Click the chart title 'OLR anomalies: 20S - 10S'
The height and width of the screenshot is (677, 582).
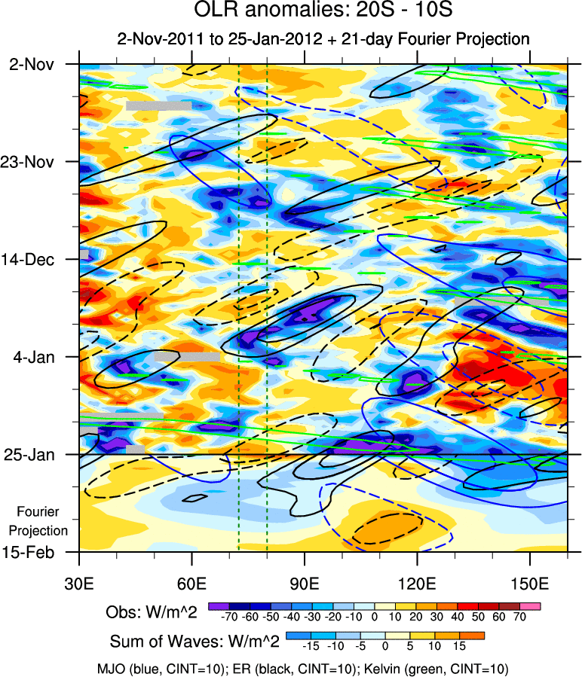pyautogui.click(x=323, y=11)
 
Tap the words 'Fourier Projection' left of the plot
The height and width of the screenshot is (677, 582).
pyautogui.click(x=42, y=521)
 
